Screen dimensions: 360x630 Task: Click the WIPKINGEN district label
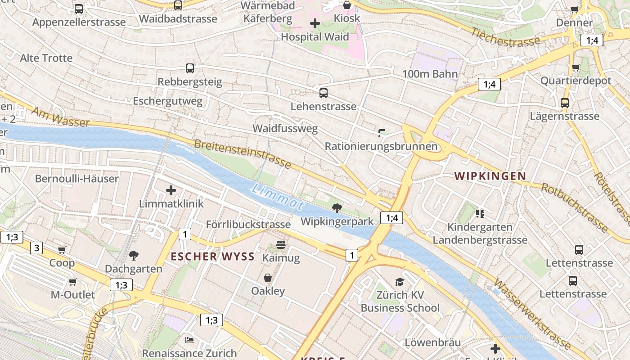pyautogui.click(x=490, y=176)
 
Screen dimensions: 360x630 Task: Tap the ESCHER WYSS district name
pyautogui.click(x=213, y=257)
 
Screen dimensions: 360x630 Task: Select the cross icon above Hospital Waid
pyautogui.click(x=315, y=23)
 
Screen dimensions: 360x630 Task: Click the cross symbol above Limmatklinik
pyautogui.click(x=171, y=190)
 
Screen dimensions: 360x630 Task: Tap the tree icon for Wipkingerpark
pyautogui.click(x=337, y=208)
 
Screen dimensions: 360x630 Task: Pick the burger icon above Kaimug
pyautogui.click(x=281, y=245)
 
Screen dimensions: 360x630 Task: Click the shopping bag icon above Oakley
pyautogui.click(x=268, y=278)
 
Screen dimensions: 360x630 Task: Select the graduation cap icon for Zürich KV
pyautogui.click(x=400, y=282)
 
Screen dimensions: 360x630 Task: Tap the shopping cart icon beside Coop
pyautogui.click(x=62, y=250)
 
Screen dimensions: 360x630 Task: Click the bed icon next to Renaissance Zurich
pyautogui.click(x=189, y=340)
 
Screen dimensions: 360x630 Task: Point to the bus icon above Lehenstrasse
pyautogui.click(x=323, y=93)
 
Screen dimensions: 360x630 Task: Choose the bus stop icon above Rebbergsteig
pyautogui.click(x=190, y=68)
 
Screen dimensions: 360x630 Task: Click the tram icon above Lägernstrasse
pyautogui.click(x=564, y=103)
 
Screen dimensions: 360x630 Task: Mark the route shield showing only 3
pyautogui.click(x=37, y=247)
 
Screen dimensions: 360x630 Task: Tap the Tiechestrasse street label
pyautogui.click(x=505, y=37)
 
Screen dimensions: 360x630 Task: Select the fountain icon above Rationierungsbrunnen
pyautogui.click(x=382, y=133)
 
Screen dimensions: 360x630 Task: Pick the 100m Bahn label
pyautogui.click(x=430, y=74)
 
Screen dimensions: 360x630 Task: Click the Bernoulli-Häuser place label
pyautogui.click(x=77, y=179)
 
